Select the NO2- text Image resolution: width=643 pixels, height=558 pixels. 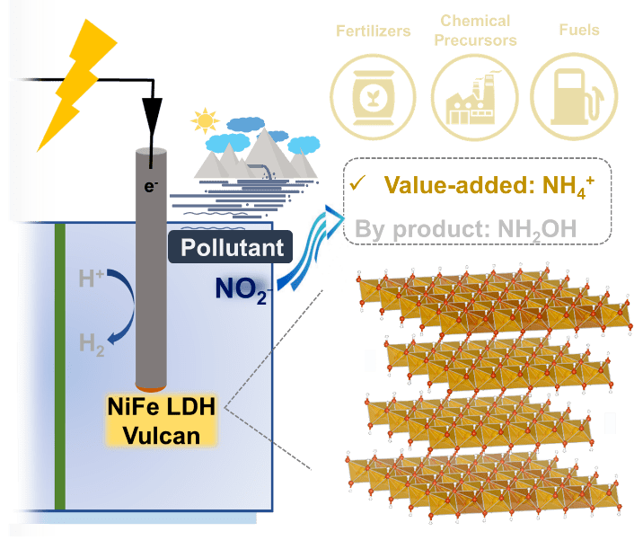(240, 289)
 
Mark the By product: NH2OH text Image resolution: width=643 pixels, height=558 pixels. (464, 227)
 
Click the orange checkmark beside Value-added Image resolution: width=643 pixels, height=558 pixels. (359, 185)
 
